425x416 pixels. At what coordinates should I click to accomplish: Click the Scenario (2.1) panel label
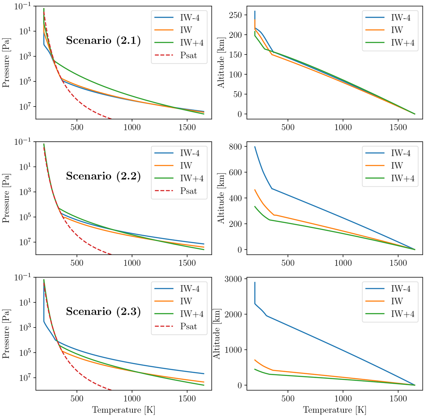[x=103, y=41]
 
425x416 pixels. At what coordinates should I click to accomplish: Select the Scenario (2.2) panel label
[x=103, y=176]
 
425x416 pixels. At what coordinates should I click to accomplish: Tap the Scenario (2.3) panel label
[x=103, y=312]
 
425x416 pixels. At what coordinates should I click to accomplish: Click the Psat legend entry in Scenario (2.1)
[x=188, y=55]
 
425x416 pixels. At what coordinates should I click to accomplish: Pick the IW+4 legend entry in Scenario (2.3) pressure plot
[x=192, y=314]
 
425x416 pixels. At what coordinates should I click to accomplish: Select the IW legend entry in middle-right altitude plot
[x=397, y=165]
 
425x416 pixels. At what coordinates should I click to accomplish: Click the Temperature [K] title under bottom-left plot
[x=124, y=410]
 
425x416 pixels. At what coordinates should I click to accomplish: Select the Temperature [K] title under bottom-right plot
[x=334, y=410]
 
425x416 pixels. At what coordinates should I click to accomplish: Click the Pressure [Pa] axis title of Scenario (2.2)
[x=6, y=198]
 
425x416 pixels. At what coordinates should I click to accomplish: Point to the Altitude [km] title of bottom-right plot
[x=217, y=333]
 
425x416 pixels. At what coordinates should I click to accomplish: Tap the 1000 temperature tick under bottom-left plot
[x=132, y=399]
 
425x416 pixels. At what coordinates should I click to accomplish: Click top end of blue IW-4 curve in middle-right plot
[x=255, y=147]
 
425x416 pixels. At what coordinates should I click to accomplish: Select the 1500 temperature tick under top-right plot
[x=398, y=127]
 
